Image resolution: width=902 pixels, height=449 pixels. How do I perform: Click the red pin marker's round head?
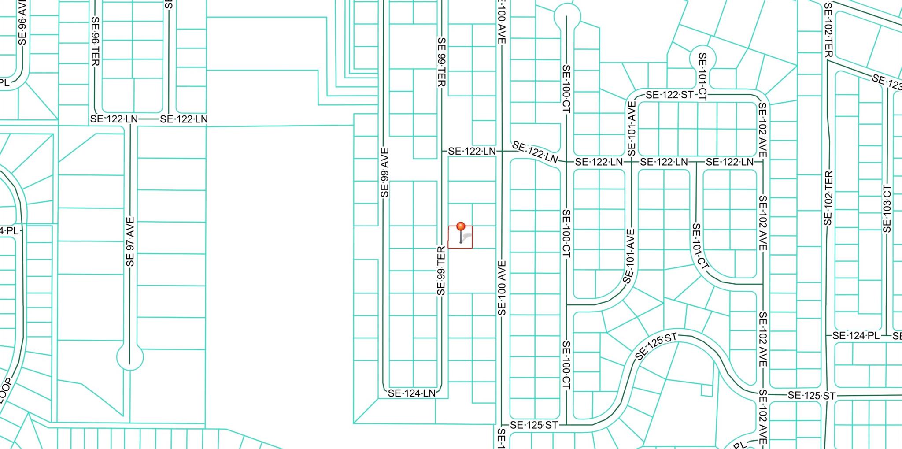click(x=461, y=226)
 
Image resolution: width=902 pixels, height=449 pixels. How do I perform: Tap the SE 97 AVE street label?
click(x=130, y=242)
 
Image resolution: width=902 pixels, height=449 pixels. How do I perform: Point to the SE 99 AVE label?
click(x=384, y=173)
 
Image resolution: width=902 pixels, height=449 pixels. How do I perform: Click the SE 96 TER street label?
click(x=95, y=41)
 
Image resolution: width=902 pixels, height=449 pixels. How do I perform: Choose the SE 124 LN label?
click(x=411, y=393)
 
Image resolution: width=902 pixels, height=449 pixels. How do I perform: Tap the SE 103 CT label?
click(x=887, y=209)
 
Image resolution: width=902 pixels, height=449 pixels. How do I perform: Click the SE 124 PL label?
click(x=856, y=336)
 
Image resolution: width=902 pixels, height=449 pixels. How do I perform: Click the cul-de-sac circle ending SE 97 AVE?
click(x=130, y=357)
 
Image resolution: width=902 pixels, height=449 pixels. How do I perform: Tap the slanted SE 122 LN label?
click(x=535, y=152)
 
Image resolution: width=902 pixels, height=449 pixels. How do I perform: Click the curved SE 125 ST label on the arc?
click(x=656, y=346)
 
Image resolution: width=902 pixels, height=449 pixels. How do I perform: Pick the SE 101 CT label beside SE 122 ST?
click(x=702, y=77)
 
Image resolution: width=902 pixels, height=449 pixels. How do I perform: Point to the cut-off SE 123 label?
click(x=886, y=82)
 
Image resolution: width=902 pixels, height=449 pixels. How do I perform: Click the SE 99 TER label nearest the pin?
click(x=441, y=271)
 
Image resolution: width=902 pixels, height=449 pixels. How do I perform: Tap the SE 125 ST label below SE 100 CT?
click(x=534, y=425)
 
